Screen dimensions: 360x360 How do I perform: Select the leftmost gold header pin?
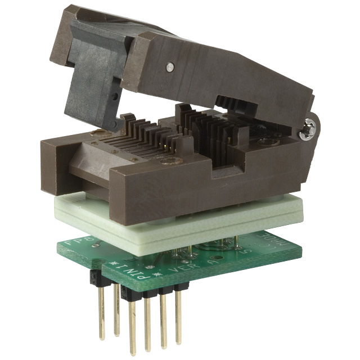102,309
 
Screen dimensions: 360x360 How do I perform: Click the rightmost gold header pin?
178,315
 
